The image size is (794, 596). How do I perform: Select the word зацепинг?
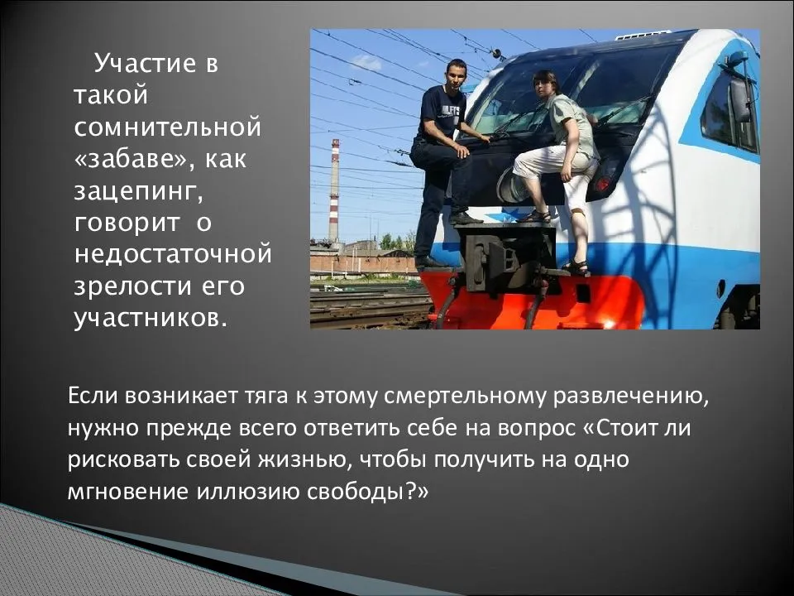point(138,192)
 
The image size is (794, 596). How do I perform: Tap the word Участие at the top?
point(145,64)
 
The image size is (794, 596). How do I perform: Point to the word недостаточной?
point(173,254)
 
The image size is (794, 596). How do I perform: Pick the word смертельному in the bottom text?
point(465,397)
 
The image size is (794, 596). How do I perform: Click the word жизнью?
point(303,459)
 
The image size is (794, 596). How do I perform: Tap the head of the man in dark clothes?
point(456,73)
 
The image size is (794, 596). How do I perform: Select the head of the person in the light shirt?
point(546,83)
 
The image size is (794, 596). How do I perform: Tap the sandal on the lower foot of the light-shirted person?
point(576,267)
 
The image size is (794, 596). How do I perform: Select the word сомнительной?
point(168,127)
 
